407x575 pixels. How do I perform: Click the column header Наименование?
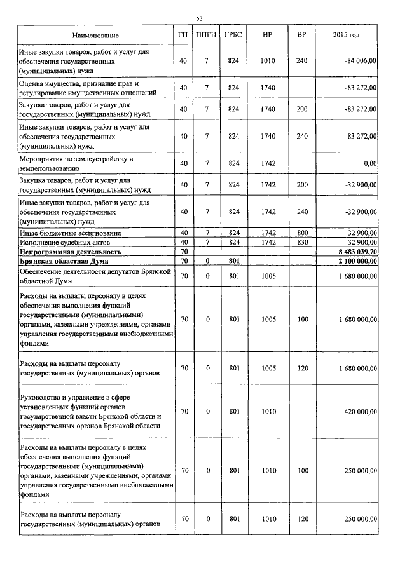tap(95, 35)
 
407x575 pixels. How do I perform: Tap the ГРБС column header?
tap(233, 35)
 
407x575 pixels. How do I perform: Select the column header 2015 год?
tap(346, 35)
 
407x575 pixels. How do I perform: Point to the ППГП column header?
tap(207, 35)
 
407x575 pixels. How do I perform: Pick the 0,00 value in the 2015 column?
tap(368, 163)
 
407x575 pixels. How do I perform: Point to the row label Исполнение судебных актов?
tap(66, 242)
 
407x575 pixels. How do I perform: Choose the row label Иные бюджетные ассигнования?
tap(71, 233)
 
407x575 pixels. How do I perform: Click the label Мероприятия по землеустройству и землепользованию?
tap(77, 163)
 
